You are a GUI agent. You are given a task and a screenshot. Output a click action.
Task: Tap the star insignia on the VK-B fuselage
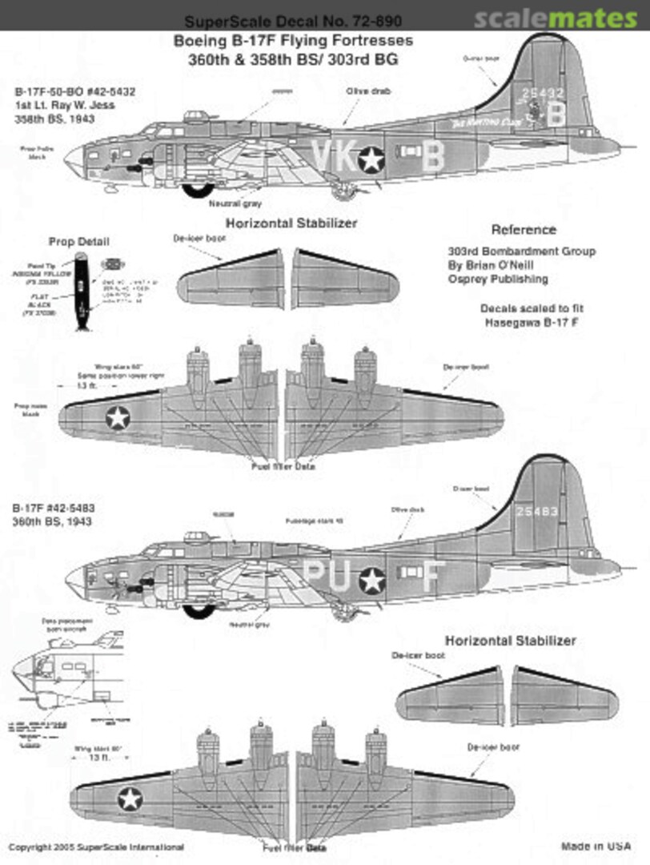pos(371,159)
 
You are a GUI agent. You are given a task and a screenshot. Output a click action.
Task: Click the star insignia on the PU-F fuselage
pos(371,580)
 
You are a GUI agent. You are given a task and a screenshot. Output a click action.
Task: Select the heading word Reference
pos(524,230)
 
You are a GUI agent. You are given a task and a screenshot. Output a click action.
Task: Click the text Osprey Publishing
pos(498,279)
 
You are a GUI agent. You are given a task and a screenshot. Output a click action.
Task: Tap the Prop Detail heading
pos(78,242)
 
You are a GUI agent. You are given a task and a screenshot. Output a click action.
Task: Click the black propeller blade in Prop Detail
pos(80,290)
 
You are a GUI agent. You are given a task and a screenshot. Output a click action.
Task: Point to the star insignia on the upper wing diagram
pos(118,416)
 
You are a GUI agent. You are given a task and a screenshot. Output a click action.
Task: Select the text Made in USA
pos(596,846)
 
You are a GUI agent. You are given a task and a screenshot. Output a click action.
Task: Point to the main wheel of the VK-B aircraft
pos(195,189)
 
